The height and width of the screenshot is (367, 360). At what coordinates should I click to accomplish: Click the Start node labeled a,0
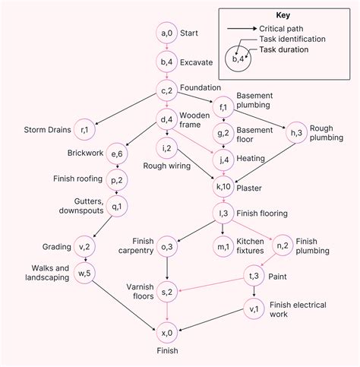click(x=167, y=33)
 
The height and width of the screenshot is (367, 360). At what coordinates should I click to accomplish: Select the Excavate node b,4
click(x=167, y=62)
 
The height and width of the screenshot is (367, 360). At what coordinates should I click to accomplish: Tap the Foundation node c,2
click(x=167, y=90)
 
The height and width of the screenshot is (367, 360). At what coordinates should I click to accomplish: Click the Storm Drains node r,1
click(x=89, y=131)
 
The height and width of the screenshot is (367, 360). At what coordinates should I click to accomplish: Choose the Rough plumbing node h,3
click(x=295, y=132)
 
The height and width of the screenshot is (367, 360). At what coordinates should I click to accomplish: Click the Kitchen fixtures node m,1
click(x=223, y=245)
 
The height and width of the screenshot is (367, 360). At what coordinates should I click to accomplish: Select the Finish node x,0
click(x=167, y=333)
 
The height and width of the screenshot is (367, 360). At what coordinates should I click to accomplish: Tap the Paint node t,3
click(x=254, y=275)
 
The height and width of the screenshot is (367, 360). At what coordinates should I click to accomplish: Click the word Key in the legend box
click(x=283, y=15)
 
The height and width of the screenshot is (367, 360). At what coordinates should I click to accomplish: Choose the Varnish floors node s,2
click(x=167, y=291)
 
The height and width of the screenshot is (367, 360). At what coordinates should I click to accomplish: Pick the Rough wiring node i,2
click(x=167, y=147)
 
